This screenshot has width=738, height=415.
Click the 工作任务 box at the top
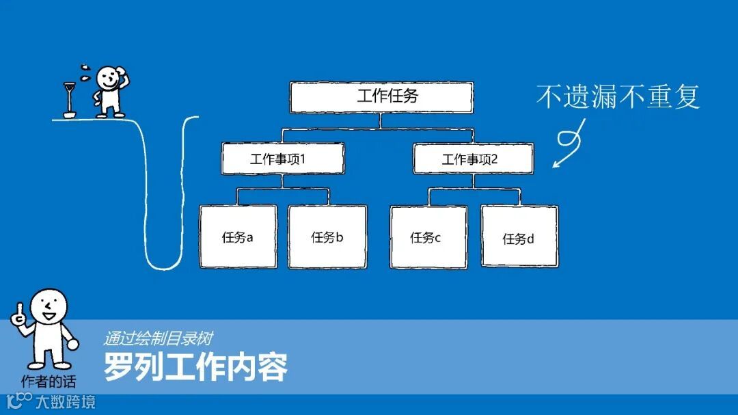pyautogui.click(x=381, y=97)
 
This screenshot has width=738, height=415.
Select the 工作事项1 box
pyautogui.click(x=282, y=159)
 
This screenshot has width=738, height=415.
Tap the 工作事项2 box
pyautogui.click(x=473, y=159)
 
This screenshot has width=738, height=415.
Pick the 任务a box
pyautogui.click(x=238, y=237)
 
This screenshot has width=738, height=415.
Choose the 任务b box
pyautogui.click(x=327, y=237)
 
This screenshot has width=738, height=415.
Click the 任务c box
pyautogui.click(x=428, y=237)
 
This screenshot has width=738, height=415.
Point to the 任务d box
pyautogui.click(x=519, y=237)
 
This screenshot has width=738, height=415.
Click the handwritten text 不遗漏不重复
pyautogui.click(x=618, y=96)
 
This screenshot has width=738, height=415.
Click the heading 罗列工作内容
pyautogui.click(x=195, y=367)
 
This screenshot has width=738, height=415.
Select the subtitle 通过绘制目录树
pyautogui.click(x=158, y=338)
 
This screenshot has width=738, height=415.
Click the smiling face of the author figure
pyautogui.click(x=49, y=306)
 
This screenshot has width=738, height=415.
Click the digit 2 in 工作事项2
pyautogui.click(x=494, y=159)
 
